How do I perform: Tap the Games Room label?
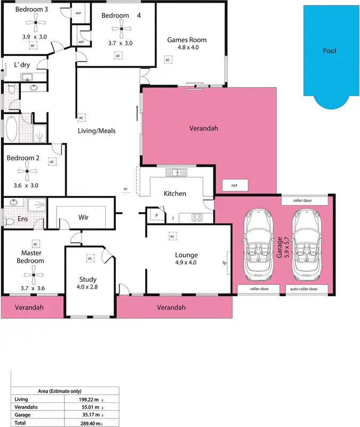click(187, 40)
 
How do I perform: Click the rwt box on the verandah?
click(234, 186)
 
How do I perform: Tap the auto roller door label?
click(308, 289)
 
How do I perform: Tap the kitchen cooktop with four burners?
click(195, 217)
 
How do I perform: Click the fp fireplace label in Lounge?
click(225, 263)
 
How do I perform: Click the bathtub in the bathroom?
click(11, 129)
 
